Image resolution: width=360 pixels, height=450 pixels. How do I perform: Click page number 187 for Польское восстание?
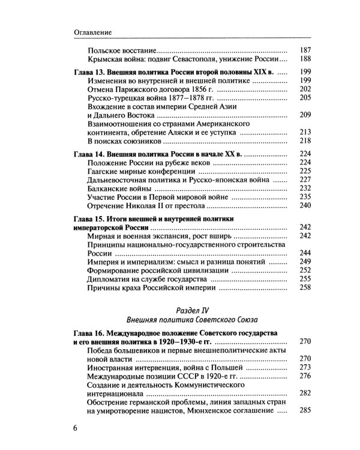[x=305, y=50]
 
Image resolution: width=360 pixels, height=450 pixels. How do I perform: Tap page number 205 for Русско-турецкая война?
[x=305, y=97]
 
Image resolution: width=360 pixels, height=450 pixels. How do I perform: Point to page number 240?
[x=305, y=205]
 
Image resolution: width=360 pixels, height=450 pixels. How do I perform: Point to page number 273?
[x=305, y=367]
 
